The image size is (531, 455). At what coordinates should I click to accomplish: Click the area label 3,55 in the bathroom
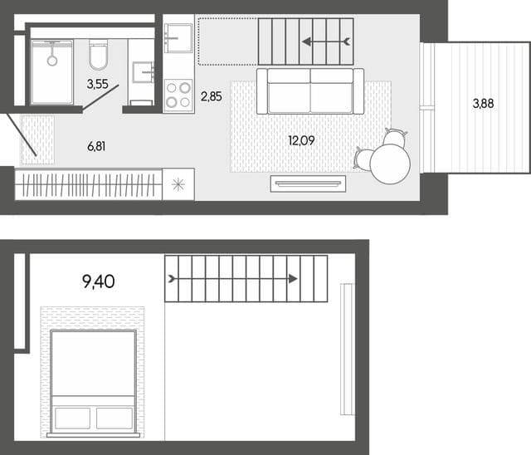98,84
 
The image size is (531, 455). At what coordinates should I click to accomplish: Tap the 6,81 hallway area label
96,146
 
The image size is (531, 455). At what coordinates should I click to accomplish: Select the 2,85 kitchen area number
212,96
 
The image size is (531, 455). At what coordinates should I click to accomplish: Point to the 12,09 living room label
301,140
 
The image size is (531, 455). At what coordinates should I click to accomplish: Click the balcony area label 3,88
483,103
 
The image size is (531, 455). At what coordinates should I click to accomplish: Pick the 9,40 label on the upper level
99,281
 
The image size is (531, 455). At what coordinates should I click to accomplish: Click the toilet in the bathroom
98,55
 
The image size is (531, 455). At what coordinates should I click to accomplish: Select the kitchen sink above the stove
178,38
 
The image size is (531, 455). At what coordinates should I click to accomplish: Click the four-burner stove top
178,95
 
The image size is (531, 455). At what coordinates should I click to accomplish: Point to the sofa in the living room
310,91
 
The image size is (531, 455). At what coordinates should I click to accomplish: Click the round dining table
390,164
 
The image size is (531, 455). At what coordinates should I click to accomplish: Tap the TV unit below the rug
308,183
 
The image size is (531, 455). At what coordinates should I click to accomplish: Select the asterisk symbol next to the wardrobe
178,184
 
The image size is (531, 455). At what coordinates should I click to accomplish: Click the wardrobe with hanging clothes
89,184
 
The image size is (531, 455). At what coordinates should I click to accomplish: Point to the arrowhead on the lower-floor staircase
307,42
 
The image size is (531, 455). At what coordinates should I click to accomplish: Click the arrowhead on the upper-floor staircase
293,279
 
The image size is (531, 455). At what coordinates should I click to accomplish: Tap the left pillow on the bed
72,418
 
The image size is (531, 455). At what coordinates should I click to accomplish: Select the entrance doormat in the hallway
37,140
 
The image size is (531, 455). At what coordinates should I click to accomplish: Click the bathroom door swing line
101,97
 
